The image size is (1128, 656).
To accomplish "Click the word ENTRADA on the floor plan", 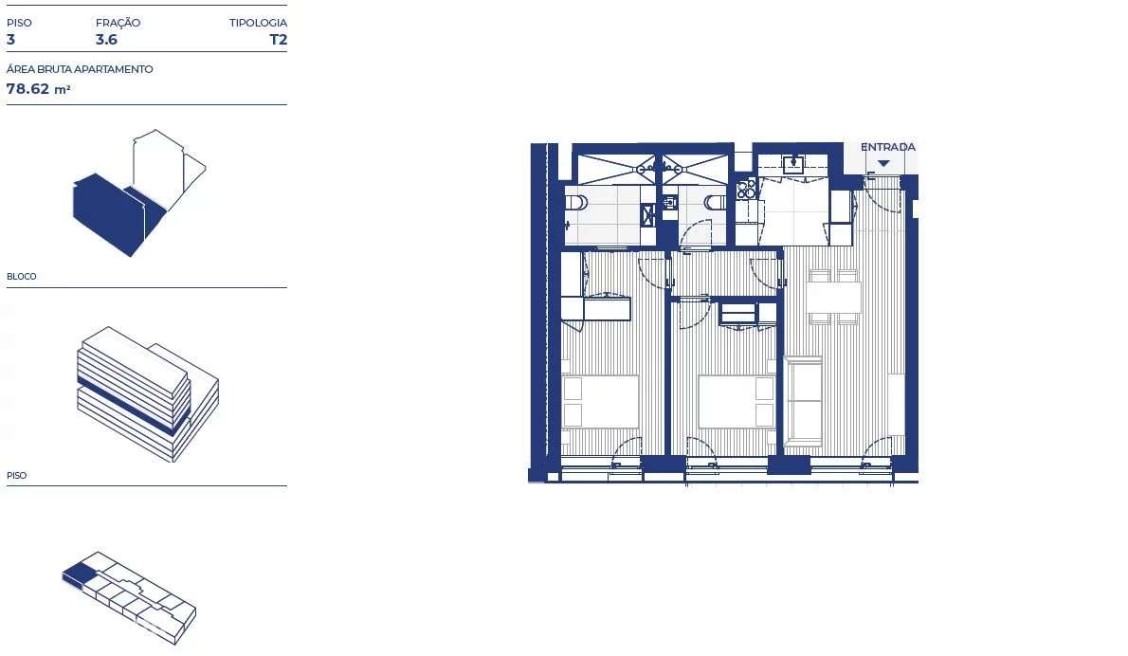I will [x=887, y=147].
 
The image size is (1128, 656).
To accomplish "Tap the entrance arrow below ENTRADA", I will [x=883, y=163].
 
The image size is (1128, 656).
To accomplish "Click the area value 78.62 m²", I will [x=39, y=89].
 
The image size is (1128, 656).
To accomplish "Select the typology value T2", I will [x=278, y=40].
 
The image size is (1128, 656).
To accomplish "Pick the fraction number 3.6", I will [x=106, y=40].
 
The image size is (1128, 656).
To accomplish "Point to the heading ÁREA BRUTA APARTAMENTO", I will [x=80, y=69].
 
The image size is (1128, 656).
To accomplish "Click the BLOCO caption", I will [x=22, y=277].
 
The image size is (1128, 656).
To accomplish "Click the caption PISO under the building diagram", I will [x=16, y=476].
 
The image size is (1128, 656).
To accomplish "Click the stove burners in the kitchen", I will [x=746, y=188].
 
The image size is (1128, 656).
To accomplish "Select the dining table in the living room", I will [x=834, y=298].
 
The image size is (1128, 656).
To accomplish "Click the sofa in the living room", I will [x=804, y=401].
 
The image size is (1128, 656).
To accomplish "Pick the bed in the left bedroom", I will [x=600, y=401].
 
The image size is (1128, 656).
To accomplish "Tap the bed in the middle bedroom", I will [x=737, y=401].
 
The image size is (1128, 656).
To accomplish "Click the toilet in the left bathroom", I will [x=576, y=201].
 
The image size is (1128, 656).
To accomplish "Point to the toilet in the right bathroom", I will [x=716, y=201].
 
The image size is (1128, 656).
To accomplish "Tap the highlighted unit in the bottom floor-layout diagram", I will [x=80, y=572].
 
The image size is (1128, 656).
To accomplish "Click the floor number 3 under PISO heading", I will [x=11, y=40].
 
